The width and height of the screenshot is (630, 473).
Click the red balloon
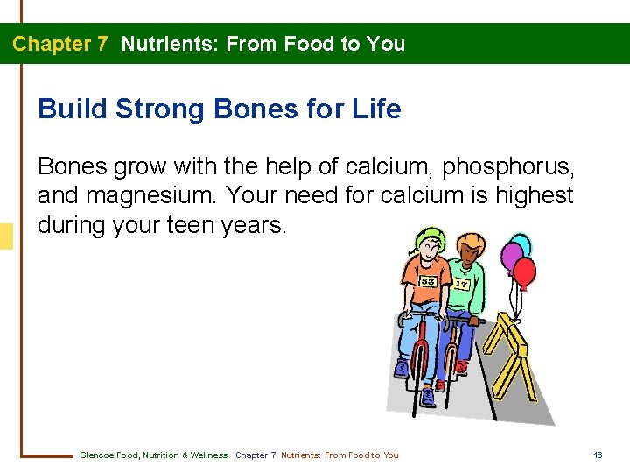(524, 272)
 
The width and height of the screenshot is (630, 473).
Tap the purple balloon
(512, 257)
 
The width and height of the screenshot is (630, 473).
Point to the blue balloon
(521, 244)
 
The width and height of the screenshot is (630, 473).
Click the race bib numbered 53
(428, 281)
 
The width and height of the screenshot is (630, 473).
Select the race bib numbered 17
(461, 284)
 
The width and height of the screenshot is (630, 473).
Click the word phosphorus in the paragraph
(507, 165)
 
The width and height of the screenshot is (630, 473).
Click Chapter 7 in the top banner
(59, 44)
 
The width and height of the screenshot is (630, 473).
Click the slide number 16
(598, 455)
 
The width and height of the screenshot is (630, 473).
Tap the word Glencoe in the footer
(95, 455)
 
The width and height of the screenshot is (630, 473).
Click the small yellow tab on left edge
(6, 236)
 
